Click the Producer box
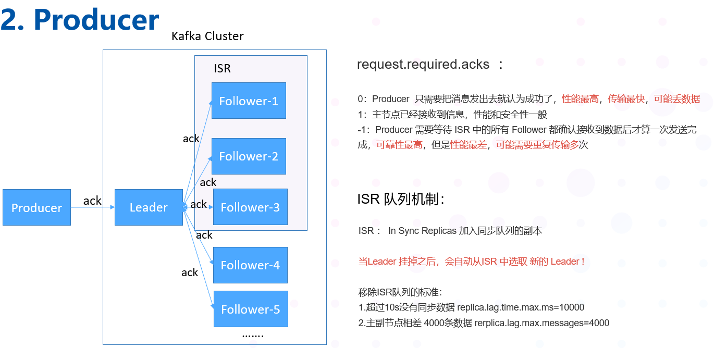pos(36,207)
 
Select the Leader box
pos(149,207)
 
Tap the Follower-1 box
pos(249,101)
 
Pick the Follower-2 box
pos(249,156)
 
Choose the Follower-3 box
pos(250,207)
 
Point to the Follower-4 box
pos(250,265)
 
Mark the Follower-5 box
pos(250,309)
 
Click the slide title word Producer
pos(96,20)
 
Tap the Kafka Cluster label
pos(207,36)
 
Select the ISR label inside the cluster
pos(222,69)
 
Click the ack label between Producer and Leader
pos(92,201)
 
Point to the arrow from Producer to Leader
pos(92,207)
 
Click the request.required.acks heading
pos(423,64)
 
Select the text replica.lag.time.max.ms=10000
pos(521,307)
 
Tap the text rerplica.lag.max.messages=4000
pos(541,322)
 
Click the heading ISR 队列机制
pos(400,199)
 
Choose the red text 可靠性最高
pos(399,145)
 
